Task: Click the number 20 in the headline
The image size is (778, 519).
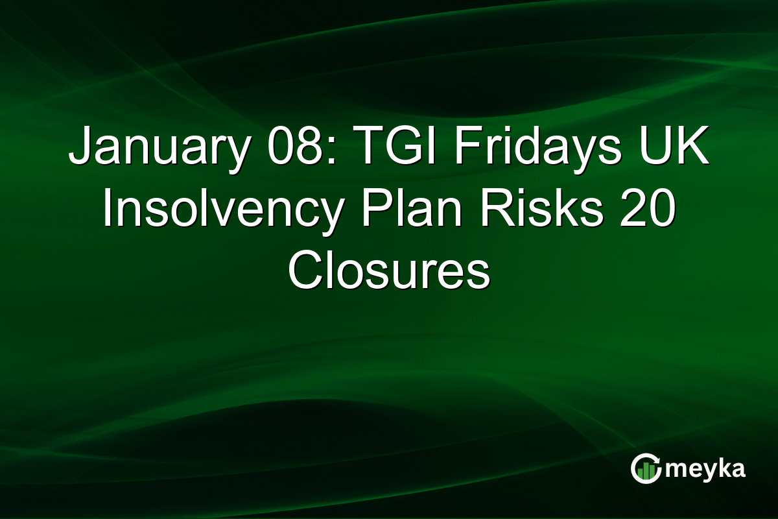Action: click(x=642, y=212)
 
